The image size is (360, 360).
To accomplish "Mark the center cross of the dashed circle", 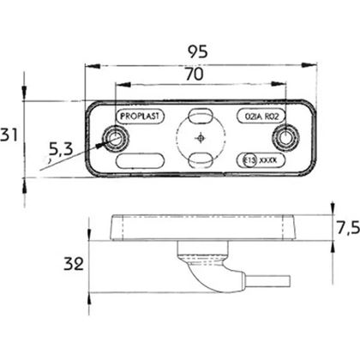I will tap(200, 138).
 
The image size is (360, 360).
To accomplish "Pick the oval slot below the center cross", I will tap(200, 159).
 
